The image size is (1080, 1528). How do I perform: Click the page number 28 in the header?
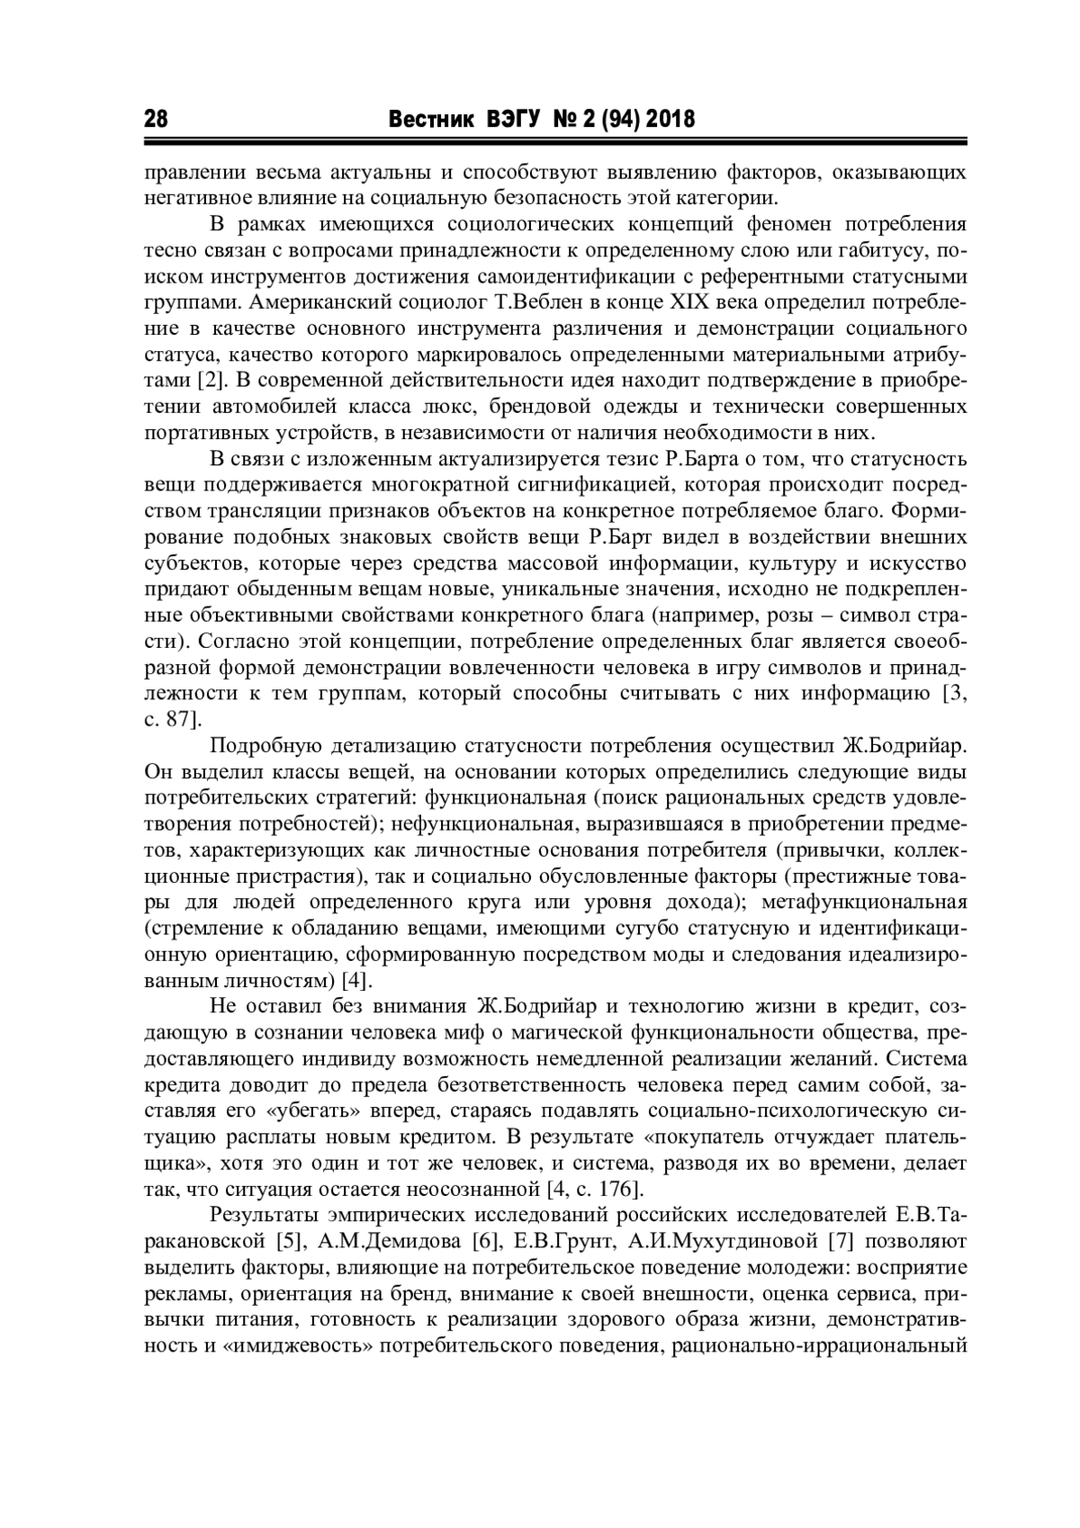click(x=156, y=120)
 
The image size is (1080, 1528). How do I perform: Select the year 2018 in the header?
click(x=670, y=120)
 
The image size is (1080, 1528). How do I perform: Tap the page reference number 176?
click(x=616, y=1190)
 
